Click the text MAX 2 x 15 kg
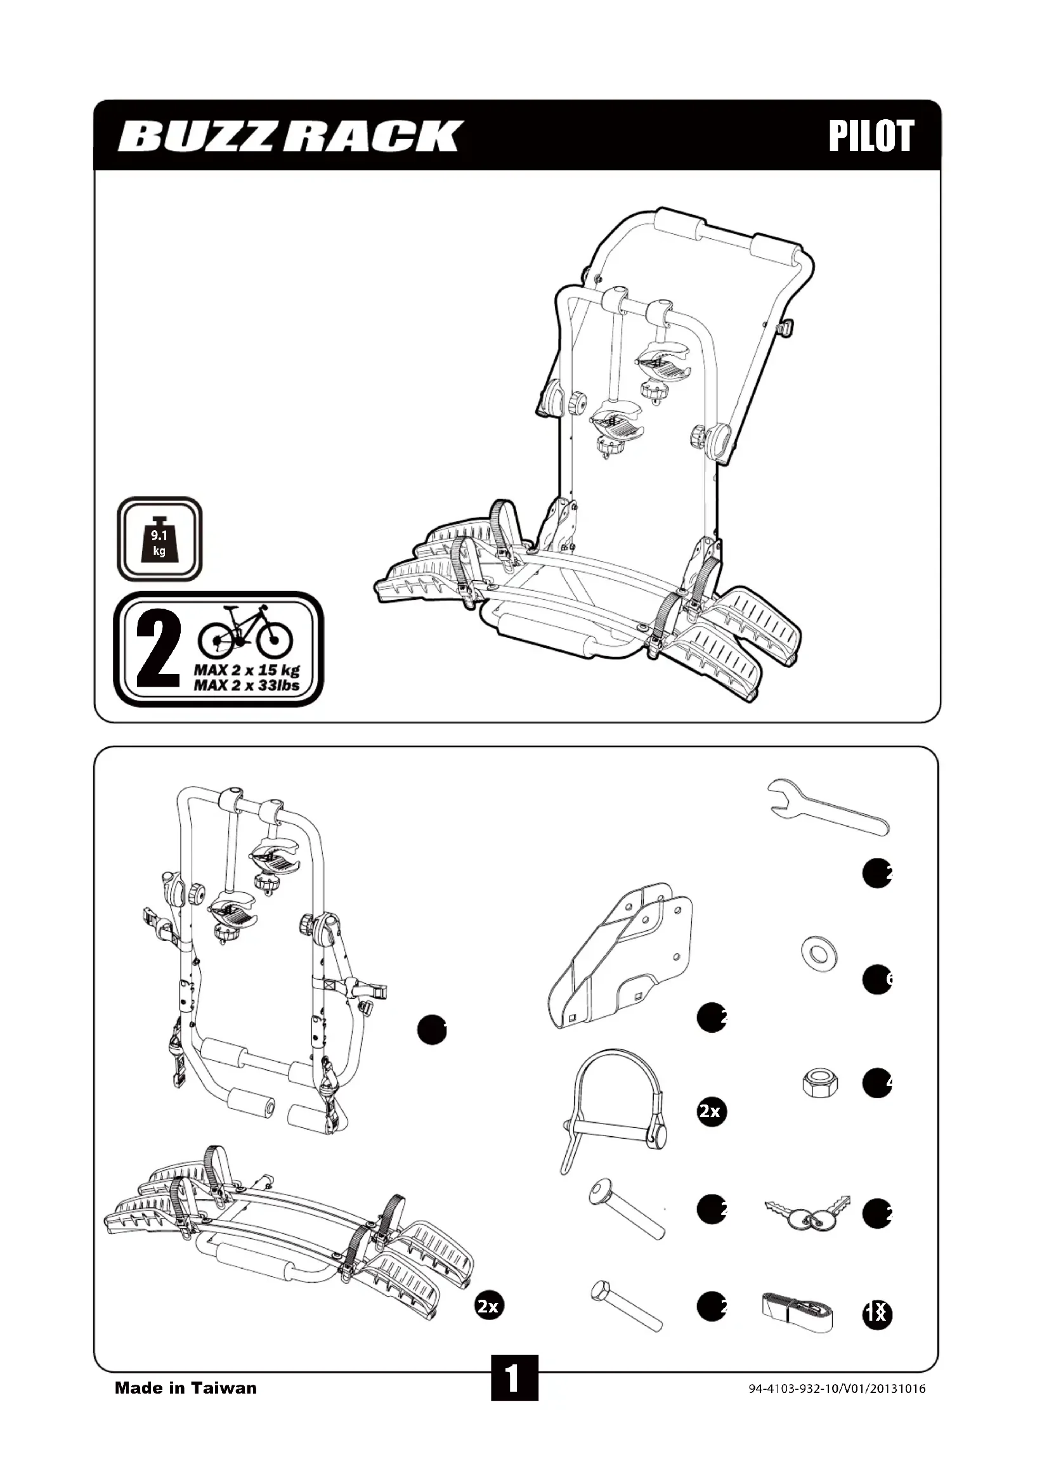pyautogui.click(x=247, y=670)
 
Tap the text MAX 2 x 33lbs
pyautogui.click(x=247, y=685)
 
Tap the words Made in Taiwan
pyautogui.click(x=185, y=1387)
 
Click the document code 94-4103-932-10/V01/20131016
pyautogui.click(x=837, y=1389)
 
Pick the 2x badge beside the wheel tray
pyautogui.click(x=488, y=1306)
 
